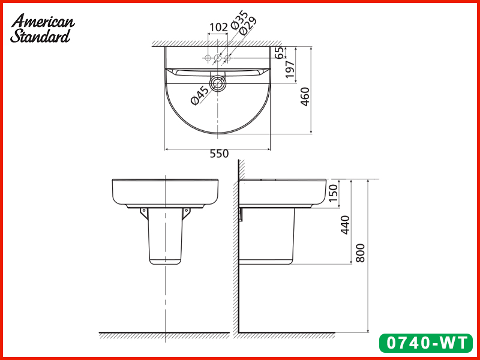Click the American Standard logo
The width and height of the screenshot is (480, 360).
[42, 28]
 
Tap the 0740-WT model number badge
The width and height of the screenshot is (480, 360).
[425, 343]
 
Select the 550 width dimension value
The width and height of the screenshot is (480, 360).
[219, 154]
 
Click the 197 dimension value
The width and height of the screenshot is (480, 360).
[291, 70]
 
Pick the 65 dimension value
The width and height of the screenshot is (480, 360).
[279, 53]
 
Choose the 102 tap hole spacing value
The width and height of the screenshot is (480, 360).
[218, 27]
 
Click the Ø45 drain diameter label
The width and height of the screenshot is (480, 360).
[199, 96]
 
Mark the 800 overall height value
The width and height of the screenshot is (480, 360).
[361, 255]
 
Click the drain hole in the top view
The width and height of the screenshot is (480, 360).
[218, 83]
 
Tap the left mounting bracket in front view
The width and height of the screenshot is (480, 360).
[144, 212]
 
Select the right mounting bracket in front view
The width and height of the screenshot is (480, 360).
[185, 212]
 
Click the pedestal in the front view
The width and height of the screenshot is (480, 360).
[165, 237]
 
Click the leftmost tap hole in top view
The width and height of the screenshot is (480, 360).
[208, 58]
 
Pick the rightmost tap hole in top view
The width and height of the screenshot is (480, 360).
[227, 58]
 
